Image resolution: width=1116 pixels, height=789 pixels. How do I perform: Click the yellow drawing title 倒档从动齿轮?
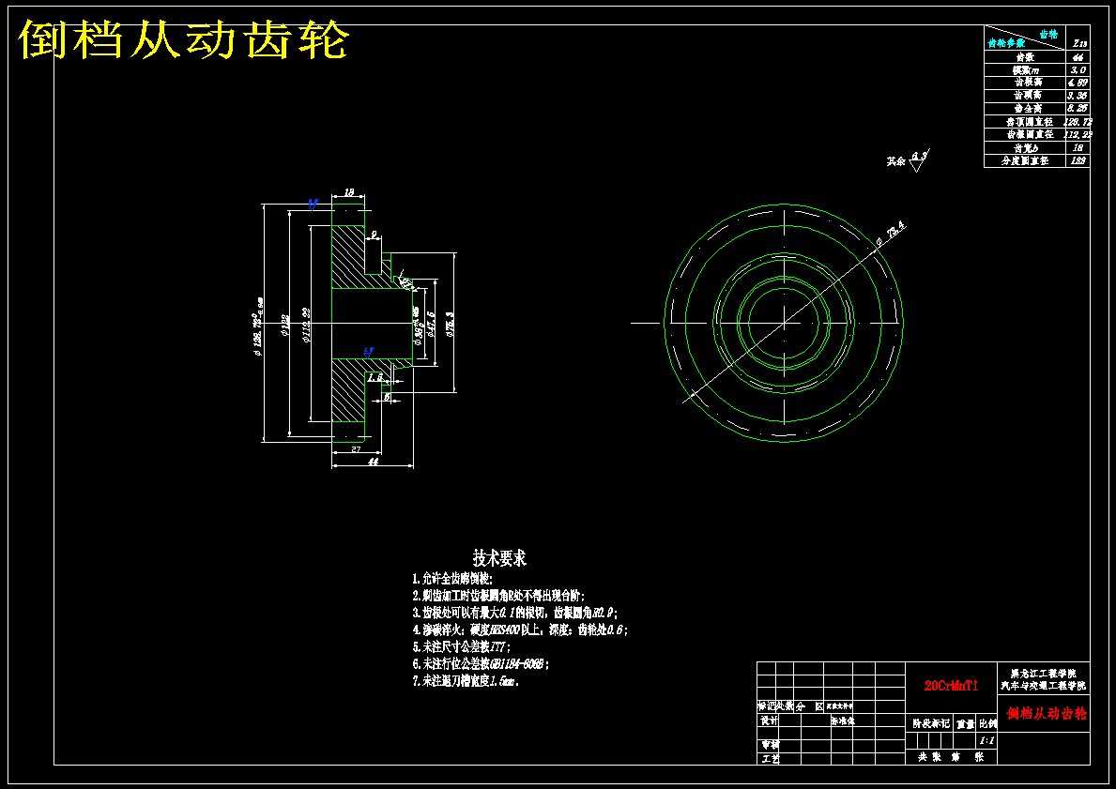(184, 40)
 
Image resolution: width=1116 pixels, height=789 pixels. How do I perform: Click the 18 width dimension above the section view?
(349, 192)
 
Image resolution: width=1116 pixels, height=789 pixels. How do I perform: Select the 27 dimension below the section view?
(356, 450)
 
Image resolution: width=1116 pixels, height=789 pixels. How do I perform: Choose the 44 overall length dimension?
(373, 462)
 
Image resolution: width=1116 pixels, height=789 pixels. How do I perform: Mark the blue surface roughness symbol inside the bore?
(369, 351)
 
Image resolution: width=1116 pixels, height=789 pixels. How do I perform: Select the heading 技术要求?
(499, 558)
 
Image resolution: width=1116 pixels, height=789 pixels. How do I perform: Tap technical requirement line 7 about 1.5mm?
(466, 681)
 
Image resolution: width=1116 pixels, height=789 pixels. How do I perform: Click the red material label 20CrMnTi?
(952, 686)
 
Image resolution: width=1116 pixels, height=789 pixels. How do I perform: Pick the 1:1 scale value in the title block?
(986, 740)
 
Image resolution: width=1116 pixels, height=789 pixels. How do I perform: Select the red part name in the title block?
(1047, 714)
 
